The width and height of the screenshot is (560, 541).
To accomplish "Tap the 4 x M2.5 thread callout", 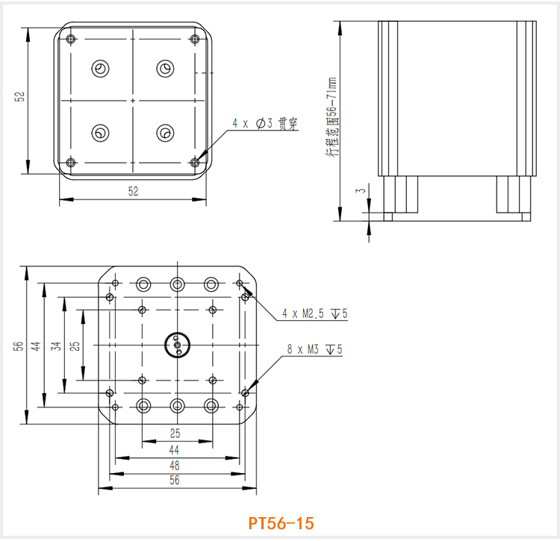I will (x=314, y=314).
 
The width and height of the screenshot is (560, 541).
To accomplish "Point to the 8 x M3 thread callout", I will (x=314, y=348).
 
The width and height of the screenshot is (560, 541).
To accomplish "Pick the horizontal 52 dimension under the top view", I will (x=133, y=191).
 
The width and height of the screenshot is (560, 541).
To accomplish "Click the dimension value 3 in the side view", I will (x=361, y=191).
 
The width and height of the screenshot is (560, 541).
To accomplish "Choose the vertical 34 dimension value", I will (x=55, y=345).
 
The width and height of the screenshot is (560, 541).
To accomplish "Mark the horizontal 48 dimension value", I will (x=174, y=465).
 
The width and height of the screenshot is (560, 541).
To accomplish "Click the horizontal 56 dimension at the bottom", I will (x=174, y=481).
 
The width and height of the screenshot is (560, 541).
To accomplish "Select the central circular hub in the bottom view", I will (x=177, y=344).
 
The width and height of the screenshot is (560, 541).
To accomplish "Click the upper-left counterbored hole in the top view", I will (x=99, y=69).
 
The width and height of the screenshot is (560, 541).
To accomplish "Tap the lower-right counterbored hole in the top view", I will (x=164, y=133).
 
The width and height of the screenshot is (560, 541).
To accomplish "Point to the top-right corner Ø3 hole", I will (x=195, y=39).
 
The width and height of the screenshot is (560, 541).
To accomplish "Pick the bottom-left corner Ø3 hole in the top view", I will (x=71, y=162).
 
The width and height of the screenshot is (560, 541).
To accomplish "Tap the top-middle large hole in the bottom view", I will (x=177, y=284).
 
